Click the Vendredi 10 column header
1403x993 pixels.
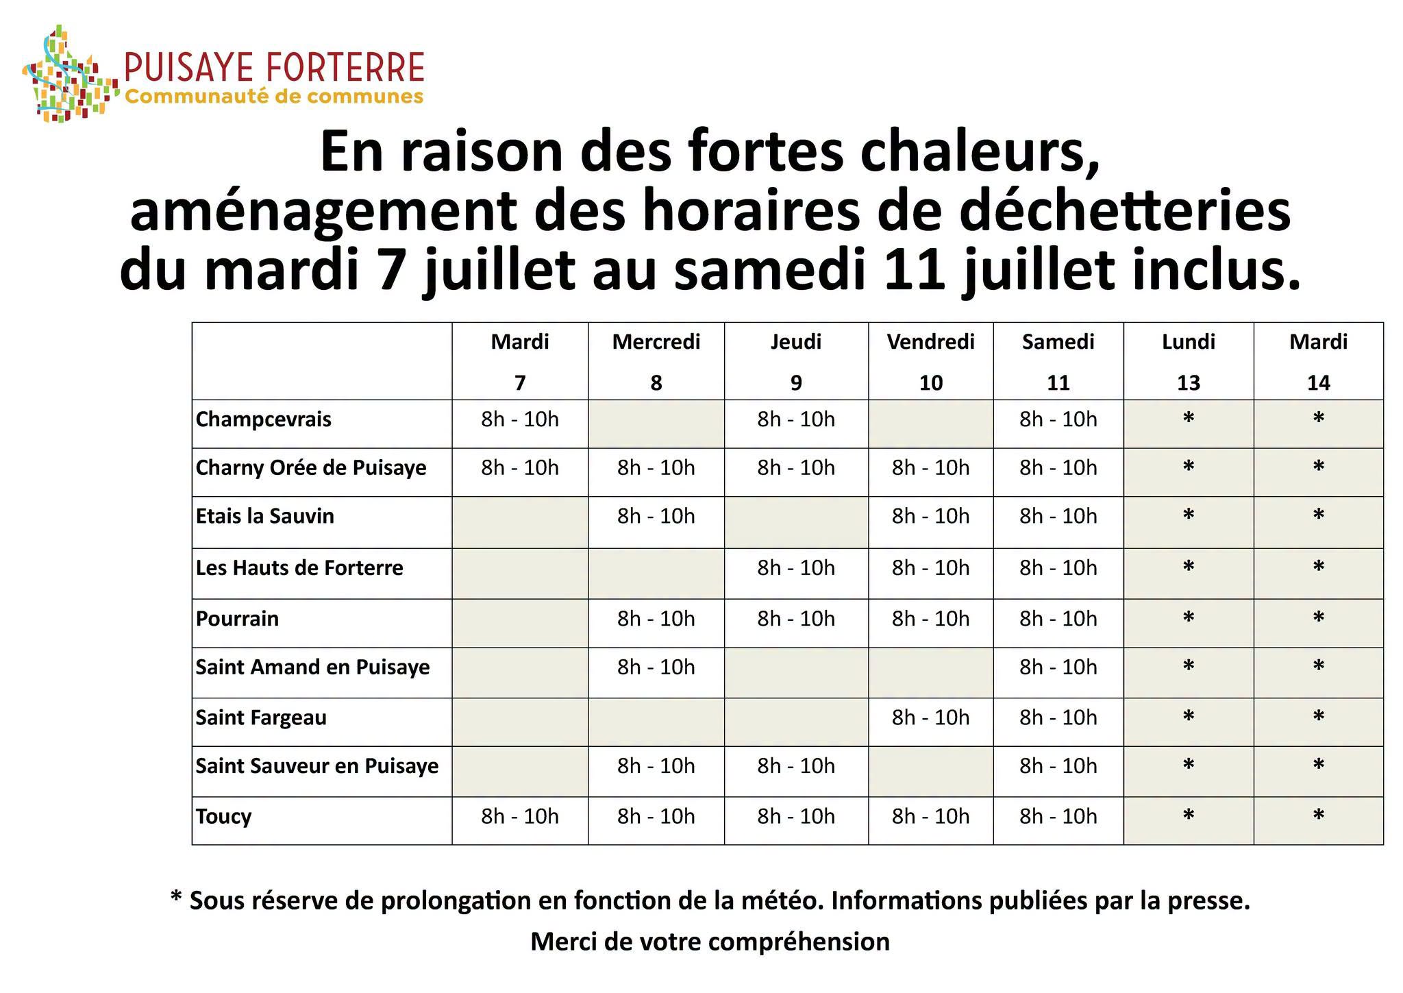click(x=930, y=361)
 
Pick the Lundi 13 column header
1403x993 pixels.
click(x=1189, y=361)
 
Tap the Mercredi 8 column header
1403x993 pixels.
click(x=656, y=361)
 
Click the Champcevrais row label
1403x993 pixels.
click(x=264, y=420)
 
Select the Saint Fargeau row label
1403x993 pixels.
click(x=261, y=718)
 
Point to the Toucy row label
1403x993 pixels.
click(x=223, y=817)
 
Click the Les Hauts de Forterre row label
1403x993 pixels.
click(x=299, y=568)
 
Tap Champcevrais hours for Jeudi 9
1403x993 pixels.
click(x=796, y=419)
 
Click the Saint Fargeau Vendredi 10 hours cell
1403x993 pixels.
click(x=930, y=718)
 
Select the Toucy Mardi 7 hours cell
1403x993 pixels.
click(x=520, y=816)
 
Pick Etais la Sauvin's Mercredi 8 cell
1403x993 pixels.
click(x=656, y=516)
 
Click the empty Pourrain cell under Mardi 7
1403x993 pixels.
click(x=520, y=623)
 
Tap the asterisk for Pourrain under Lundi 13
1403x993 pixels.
click(x=1189, y=617)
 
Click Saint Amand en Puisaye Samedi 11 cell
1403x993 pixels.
click(x=1058, y=667)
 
